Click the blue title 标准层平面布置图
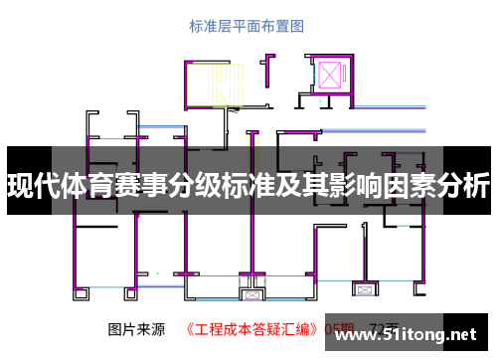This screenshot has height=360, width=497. pyautogui.click(x=248, y=27)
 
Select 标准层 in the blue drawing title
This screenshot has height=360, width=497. pyautogui.click(x=211, y=27)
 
